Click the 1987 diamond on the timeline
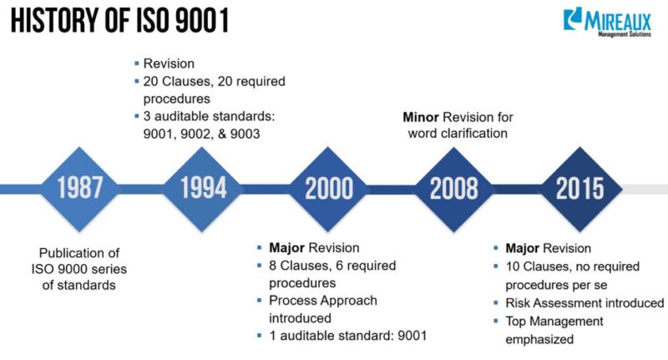[79, 187]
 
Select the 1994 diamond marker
[203, 187]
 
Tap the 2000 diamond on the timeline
[327, 188]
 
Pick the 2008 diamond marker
[453, 188]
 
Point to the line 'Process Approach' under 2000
[322, 301]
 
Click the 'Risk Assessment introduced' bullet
[584, 303]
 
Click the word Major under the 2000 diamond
[286, 248]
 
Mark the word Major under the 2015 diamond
[524, 248]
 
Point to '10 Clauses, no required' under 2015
[573, 266]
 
